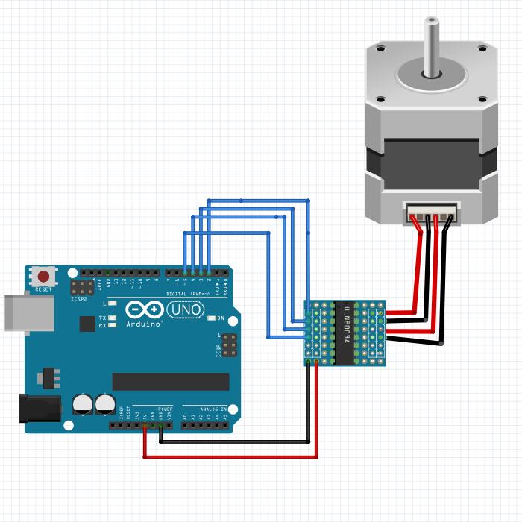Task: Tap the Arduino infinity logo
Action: click(144, 310)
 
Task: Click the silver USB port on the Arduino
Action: click(29, 312)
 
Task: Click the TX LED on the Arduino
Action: click(112, 318)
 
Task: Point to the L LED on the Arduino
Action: click(112, 304)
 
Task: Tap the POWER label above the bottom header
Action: click(166, 409)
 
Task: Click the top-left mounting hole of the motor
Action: click(381, 49)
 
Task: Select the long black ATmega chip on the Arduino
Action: click(171, 381)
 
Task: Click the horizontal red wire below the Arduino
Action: click(230, 457)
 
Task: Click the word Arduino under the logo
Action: click(144, 324)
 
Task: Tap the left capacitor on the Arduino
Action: click(82, 405)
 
